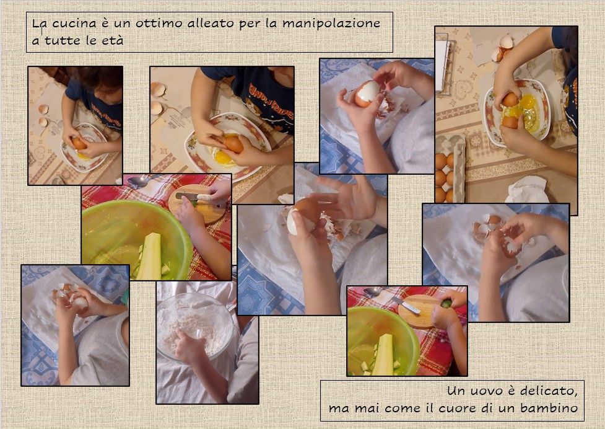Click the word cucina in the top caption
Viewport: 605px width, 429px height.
tap(74, 23)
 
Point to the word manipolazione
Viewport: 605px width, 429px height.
tap(331, 24)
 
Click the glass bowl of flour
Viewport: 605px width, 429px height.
tap(196, 324)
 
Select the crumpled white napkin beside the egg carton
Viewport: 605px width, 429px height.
tap(527, 190)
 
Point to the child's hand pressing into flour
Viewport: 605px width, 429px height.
tap(189, 345)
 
